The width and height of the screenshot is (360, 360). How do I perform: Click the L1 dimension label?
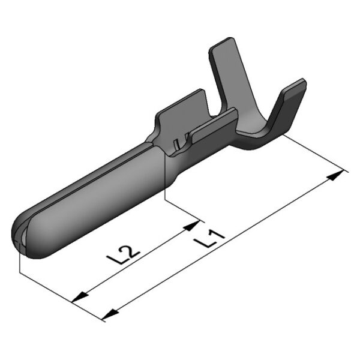click(208, 239)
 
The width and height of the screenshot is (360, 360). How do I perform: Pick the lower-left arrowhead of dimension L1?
click(110, 314)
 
